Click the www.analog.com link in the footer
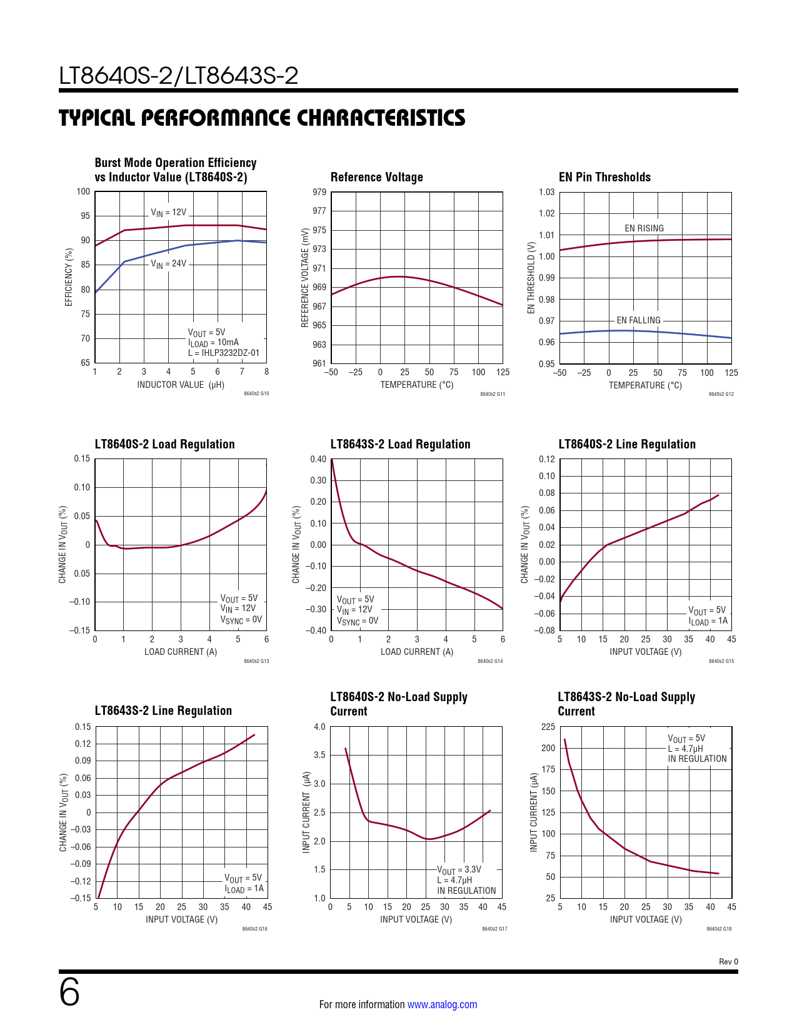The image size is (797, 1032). click(x=442, y=1004)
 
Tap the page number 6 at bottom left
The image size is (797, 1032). click(x=69, y=993)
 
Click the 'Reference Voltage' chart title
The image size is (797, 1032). click(x=376, y=177)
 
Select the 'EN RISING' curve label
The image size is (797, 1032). click(x=644, y=228)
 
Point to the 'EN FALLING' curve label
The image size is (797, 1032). click(x=638, y=320)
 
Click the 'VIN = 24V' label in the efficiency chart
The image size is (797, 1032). click(x=168, y=264)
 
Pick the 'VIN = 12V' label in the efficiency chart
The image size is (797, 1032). click(x=168, y=213)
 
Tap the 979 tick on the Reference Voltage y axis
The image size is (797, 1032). click(x=319, y=192)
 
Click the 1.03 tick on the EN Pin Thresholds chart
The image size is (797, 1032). click(x=546, y=192)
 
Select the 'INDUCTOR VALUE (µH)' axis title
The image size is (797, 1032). click(x=181, y=385)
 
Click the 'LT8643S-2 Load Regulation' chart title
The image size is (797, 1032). click(x=400, y=444)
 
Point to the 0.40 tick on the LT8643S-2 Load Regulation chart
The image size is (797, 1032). click(x=318, y=459)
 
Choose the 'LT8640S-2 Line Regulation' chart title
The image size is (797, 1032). click(x=626, y=444)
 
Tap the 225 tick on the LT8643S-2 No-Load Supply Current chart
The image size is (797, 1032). click(x=548, y=727)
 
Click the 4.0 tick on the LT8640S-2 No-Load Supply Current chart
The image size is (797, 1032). click(x=319, y=727)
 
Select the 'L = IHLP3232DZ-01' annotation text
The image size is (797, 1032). click(x=224, y=353)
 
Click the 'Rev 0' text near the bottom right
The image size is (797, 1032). click(x=728, y=961)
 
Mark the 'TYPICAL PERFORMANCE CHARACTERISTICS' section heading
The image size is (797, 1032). click(x=262, y=118)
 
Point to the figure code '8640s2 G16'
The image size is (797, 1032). click(x=254, y=929)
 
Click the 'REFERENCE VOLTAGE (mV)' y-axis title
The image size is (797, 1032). click(x=305, y=278)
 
